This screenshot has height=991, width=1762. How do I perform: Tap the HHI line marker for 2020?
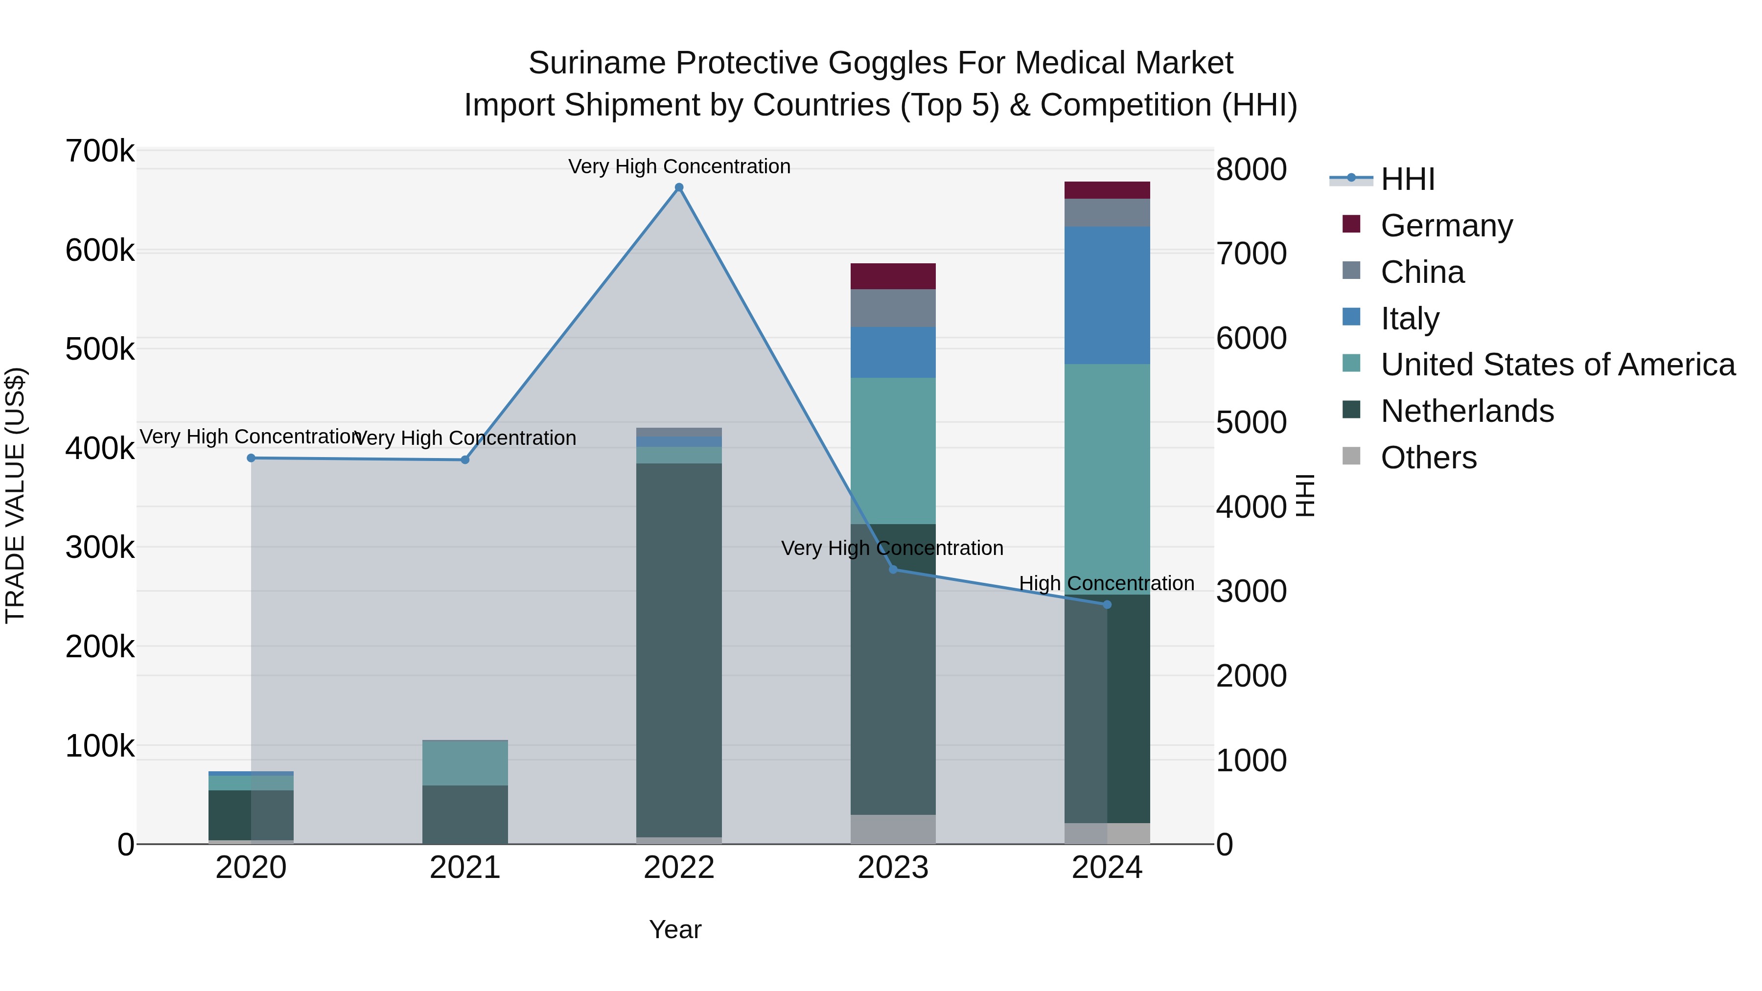coord(251,458)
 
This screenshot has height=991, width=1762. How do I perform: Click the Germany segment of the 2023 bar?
coord(893,277)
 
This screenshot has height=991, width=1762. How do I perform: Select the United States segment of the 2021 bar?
coord(464,762)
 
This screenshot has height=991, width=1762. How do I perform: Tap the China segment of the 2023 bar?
coord(893,308)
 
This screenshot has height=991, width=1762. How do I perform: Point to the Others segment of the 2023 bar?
coord(893,829)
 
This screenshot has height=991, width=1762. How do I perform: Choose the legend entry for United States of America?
coord(1557,365)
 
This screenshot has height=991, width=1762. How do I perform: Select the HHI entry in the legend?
coord(1407,179)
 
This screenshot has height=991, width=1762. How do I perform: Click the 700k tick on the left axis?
coord(100,151)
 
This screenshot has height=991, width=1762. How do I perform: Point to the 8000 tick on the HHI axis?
coord(1251,170)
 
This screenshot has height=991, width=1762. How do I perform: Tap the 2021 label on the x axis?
coord(464,868)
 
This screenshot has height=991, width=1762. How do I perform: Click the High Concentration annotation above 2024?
coord(1106,583)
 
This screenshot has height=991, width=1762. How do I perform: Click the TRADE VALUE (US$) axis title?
coord(15,495)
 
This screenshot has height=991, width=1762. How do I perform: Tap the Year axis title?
coord(674,929)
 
